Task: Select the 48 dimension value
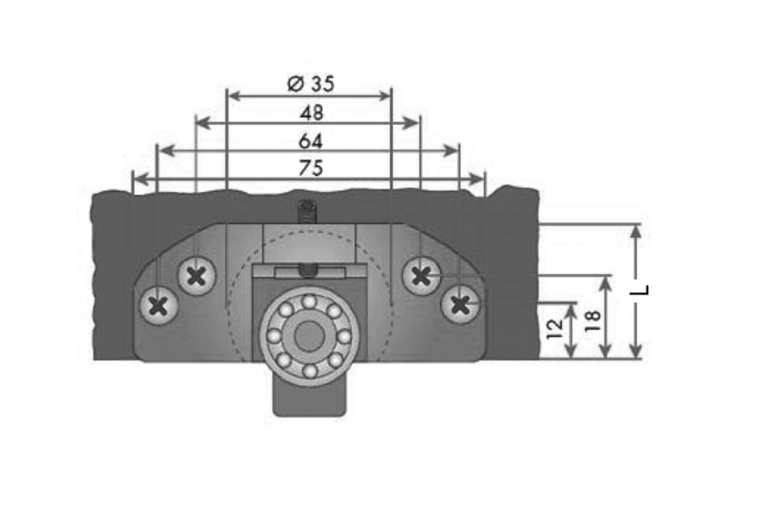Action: click(312, 113)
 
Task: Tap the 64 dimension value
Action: click(310, 140)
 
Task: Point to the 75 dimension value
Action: click(310, 169)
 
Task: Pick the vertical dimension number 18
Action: click(592, 320)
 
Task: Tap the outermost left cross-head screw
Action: click(158, 304)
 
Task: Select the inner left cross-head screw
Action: click(196, 276)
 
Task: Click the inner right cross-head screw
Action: click(421, 276)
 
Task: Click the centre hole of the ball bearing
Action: click(308, 335)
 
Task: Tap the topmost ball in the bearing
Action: click(309, 301)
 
